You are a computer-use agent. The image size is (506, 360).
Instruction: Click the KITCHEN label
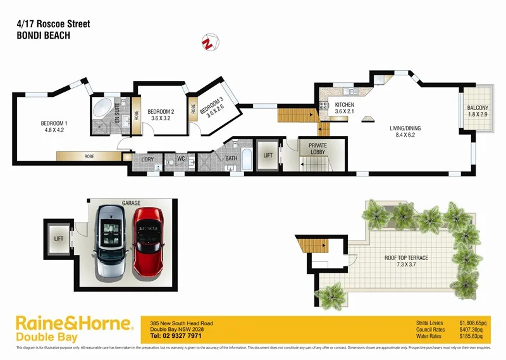click(345, 108)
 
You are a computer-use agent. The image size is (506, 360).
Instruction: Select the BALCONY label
click(478, 111)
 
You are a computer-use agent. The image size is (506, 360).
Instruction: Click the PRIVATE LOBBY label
click(318, 149)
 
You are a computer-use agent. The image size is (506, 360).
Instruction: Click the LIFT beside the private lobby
click(268, 155)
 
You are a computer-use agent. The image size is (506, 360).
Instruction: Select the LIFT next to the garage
click(59, 239)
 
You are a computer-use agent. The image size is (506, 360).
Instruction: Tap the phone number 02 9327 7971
click(175, 336)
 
